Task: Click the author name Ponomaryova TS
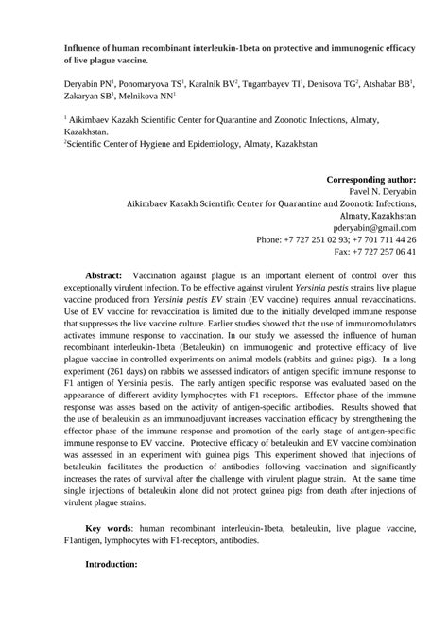(x=147, y=84)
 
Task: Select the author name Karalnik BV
(x=215, y=84)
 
